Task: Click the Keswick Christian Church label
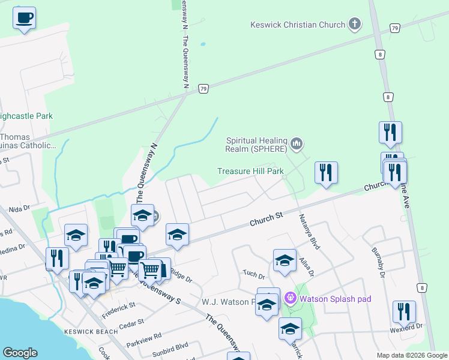tap(298, 25)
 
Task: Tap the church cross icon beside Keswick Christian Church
tap(355, 25)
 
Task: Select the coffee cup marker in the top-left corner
tap(24, 18)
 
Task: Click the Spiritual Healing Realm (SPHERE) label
tap(256, 144)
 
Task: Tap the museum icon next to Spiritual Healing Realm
tap(297, 144)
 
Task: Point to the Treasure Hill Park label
tap(250, 171)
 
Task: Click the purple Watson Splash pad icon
tap(291, 298)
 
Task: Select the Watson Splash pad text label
tap(336, 299)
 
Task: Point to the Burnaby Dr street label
tap(378, 262)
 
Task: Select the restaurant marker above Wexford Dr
tap(404, 311)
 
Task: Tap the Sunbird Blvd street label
tap(170, 347)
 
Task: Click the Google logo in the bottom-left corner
tap(20, 353)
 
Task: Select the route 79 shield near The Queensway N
tap(203, 88)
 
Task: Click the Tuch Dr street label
tap(254, 275)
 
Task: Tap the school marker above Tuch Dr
tap(285, 260)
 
